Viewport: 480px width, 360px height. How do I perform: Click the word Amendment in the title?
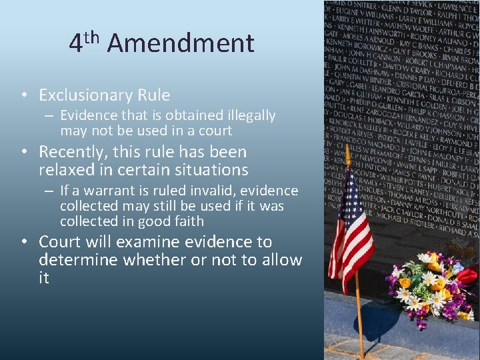[x=180, y=44]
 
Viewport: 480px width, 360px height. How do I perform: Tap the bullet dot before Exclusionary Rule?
[x=23, y=96]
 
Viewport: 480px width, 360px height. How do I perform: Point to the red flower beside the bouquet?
[x=467, y=275]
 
